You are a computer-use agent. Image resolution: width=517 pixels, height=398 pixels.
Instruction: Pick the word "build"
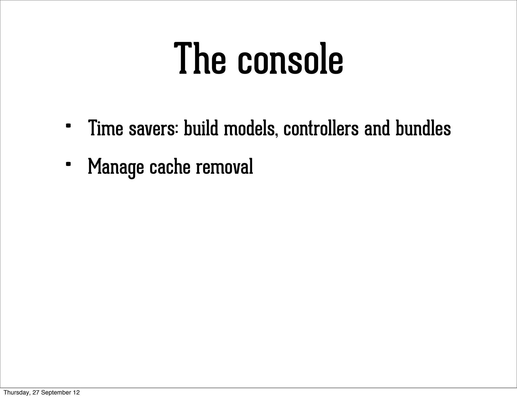click(201, 128)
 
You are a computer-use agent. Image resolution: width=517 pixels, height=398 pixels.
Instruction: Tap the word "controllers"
click(321, 128)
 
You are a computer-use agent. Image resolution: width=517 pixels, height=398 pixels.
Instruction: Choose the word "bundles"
click(423, 128)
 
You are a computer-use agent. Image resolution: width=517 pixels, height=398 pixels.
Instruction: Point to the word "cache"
click(170, 167)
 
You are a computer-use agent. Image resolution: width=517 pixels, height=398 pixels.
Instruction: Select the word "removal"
click(224, 167)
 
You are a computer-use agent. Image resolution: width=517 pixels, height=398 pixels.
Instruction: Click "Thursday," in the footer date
click(17, 392)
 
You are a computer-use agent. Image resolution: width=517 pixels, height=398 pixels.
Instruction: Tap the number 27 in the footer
click(36, 392)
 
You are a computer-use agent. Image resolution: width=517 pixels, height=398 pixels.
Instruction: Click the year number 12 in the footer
click(76, 392)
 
